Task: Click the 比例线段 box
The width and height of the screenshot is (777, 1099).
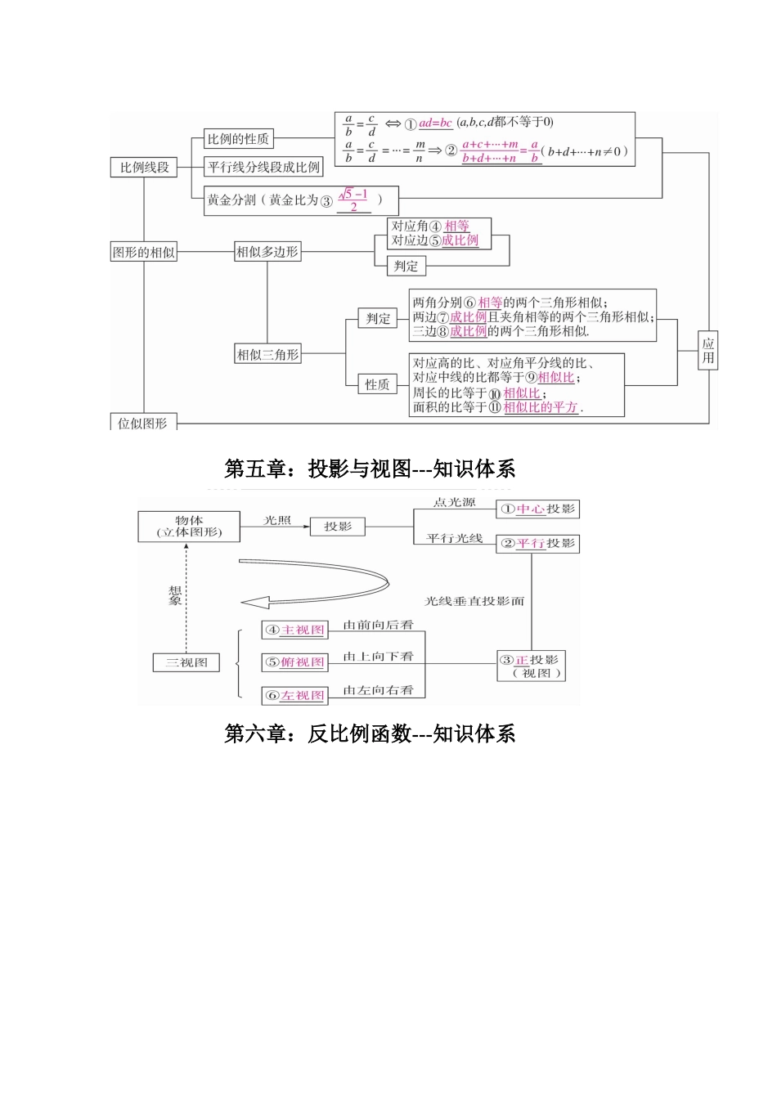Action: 144,168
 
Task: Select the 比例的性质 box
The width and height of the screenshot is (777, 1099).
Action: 237,139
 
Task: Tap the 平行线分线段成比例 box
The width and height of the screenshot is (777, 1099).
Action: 263,168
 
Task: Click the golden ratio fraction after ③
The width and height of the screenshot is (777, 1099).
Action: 353,200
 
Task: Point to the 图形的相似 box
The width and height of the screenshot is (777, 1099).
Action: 144,253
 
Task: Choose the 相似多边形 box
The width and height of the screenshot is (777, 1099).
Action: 267,252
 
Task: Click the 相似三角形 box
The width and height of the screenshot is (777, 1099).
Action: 267,354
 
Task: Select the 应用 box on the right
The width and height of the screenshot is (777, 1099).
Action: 708,351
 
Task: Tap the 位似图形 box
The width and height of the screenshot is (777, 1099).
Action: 143,423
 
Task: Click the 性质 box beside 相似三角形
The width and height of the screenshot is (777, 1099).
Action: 377,384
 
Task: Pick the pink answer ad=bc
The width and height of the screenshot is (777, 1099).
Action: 435,123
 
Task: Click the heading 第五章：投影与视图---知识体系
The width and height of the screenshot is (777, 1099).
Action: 370,469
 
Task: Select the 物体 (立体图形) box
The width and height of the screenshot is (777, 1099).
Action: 189,527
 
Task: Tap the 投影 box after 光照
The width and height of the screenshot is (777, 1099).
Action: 337,527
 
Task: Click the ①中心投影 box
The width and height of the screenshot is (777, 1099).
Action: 537,509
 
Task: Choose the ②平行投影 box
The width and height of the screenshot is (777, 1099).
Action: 537,544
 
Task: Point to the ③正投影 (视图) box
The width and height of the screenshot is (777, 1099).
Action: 531,666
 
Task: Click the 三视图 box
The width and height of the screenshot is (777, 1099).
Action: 186,662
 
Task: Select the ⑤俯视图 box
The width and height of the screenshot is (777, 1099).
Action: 294,662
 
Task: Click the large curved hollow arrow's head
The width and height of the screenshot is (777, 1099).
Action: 254,603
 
